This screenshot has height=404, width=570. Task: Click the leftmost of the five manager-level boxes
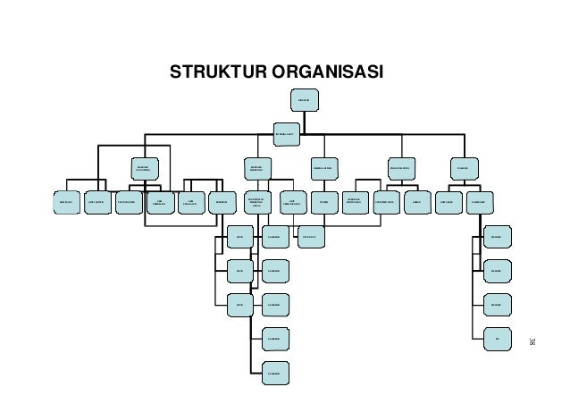(x=143, y=166)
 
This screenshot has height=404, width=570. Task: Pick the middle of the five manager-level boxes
(x=323, y=166)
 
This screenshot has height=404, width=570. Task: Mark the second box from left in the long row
(x=98, y=202)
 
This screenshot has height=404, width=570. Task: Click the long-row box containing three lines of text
(x=256, y=203)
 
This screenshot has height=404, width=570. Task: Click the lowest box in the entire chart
(x=274, y=373)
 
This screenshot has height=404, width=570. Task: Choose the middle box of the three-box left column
(x=239, y=270)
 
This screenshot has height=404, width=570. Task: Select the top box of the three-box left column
(x=239, y=237)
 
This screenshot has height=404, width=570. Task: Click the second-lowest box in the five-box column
(x=274, y=339)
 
